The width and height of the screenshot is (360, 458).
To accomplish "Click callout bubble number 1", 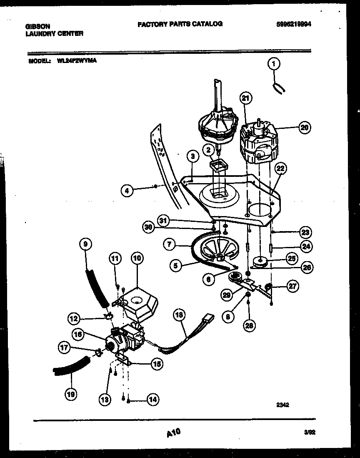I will (x=274, y=64).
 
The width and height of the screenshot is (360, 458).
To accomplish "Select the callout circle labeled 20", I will (x=305, y=128).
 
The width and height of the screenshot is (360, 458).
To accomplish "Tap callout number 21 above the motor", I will (x=246, y=98).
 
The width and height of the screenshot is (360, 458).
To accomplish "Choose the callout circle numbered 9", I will (x=85, y=243).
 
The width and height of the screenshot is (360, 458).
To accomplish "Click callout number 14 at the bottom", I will (x=153, y=399).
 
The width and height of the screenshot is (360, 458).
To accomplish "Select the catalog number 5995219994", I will (x=294, y=24).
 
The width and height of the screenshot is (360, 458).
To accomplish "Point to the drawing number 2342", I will (x=282, y=404).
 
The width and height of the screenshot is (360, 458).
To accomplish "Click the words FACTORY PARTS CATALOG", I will (x=180, y=24).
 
